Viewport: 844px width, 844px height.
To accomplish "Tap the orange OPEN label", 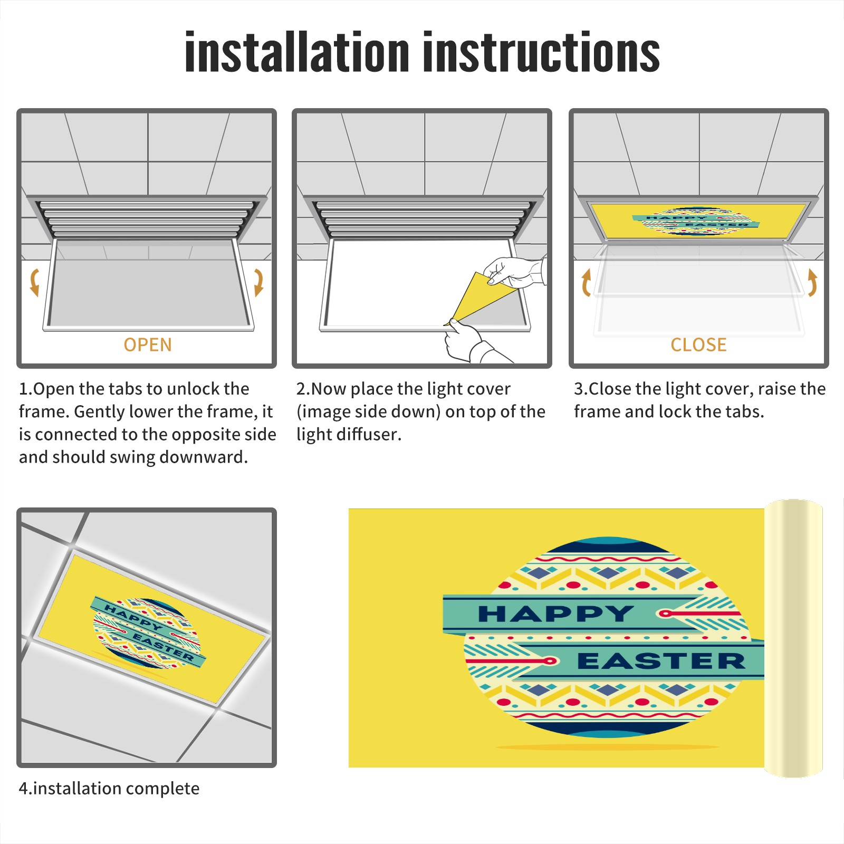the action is point(148,345).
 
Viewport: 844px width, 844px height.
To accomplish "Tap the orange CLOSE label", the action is point(698,345).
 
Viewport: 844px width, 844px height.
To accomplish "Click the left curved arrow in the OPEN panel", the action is point(35,282).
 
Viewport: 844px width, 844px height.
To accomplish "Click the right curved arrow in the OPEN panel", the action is point(258,282).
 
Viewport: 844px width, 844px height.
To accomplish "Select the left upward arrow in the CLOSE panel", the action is point(586,282).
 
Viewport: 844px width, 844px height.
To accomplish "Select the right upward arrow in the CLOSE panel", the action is point(812,282).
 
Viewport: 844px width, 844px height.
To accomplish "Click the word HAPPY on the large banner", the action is point(555,613).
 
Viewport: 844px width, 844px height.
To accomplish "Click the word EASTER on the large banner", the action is point(661,660).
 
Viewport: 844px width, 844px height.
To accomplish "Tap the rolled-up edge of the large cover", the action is point(793,638).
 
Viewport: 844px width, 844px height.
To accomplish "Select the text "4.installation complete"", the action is point(109,789).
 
